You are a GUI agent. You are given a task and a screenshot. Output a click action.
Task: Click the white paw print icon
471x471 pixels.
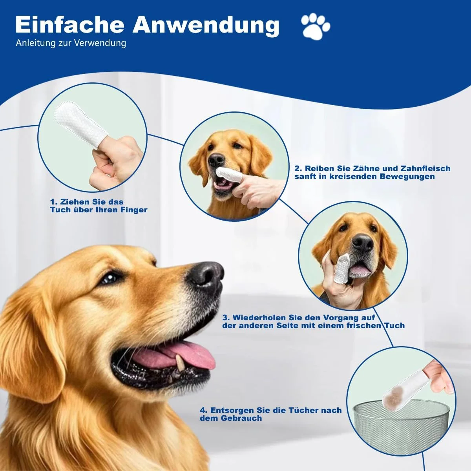point(316,26)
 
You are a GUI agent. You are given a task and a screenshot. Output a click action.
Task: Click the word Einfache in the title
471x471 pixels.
point(69,25)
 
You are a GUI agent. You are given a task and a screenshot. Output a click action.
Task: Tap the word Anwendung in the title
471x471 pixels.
point(206,26)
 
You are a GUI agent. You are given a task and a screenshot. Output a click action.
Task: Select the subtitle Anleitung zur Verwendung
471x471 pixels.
point(71,43)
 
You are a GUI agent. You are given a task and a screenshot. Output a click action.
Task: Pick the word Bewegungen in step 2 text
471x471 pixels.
point(407,177)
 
